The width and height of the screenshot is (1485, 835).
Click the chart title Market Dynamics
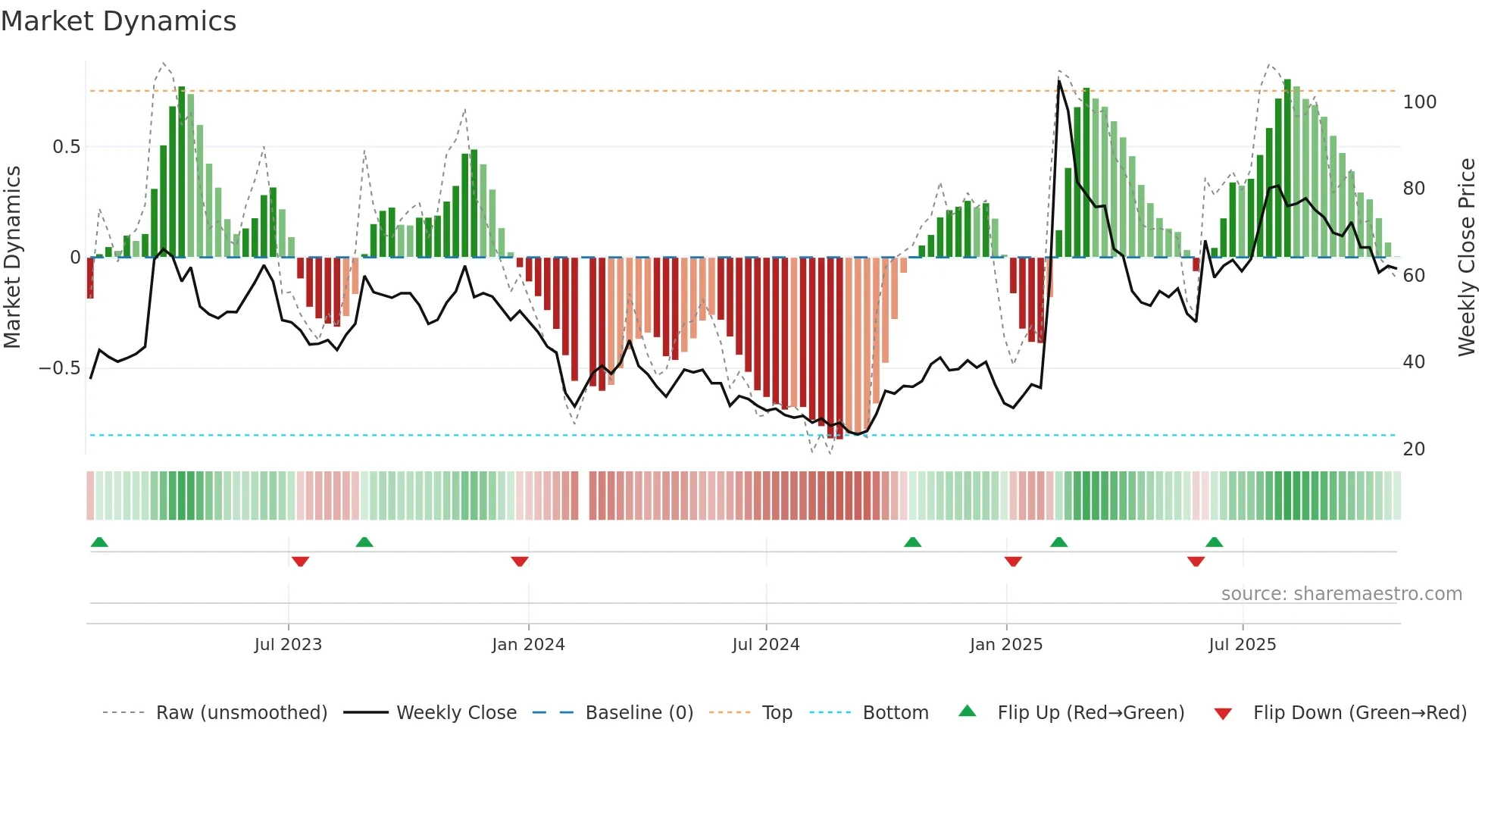pos(118,21)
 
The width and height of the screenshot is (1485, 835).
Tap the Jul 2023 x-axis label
pos(288,645)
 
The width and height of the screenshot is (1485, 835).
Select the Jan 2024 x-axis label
pos(528,645)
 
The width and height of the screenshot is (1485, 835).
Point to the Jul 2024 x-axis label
pos(766,645)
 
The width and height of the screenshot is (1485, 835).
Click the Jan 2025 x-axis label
pos(1006,645)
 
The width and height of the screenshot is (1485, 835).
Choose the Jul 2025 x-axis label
pos(1243,645)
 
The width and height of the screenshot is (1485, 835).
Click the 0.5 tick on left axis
pos(67,147)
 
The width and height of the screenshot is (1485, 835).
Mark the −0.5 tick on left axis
pos(60,368)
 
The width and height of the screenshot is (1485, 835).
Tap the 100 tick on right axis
pos(1420,102)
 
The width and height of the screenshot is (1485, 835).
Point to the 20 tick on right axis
pos(1414,449)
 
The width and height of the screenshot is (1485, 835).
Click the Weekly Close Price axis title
pos(1467,258)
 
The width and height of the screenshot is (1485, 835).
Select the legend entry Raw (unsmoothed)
pos(241,713)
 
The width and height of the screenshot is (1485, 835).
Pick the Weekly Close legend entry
pos(456,713)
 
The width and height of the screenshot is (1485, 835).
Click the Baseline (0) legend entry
pos(639,713)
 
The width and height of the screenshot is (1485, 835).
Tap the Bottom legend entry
pos(896,713)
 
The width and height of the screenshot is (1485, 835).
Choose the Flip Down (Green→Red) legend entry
pos(1359,713)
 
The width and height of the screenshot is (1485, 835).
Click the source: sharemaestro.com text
pos(1341,594)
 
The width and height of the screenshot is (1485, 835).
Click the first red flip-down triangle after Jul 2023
pos(300,561)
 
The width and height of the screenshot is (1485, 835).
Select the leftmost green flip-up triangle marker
pos(99,542)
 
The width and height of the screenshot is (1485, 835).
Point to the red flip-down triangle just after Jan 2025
pos(1013,561)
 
